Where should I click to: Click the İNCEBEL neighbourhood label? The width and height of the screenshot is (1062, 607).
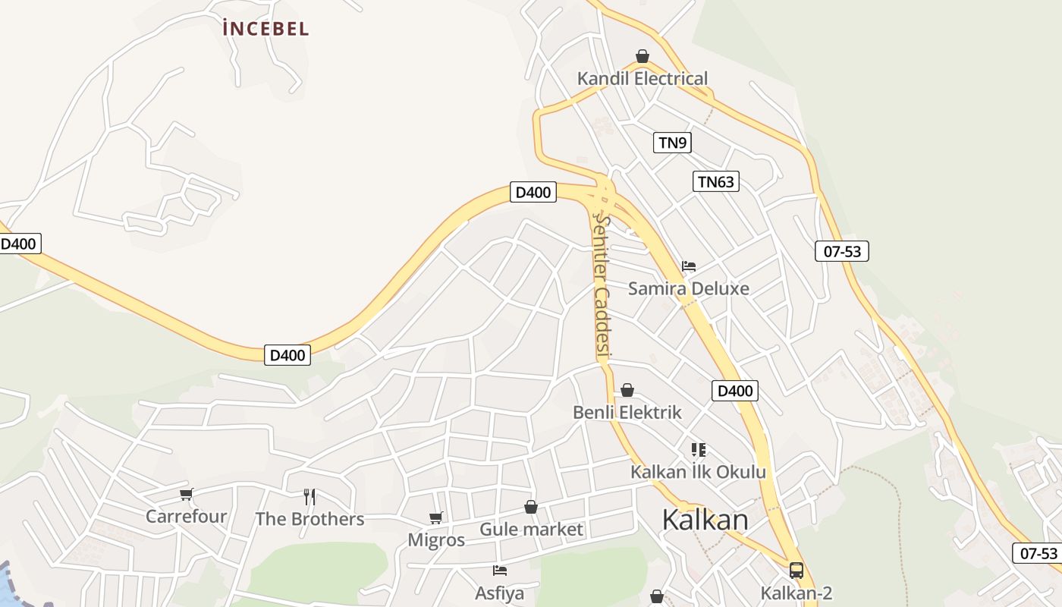265,29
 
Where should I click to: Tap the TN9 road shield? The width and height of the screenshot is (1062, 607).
672,142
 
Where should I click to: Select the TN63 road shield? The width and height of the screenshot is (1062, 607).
715,181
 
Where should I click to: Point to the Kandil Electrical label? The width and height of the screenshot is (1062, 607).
642,78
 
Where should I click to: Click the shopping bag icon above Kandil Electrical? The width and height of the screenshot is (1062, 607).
643,56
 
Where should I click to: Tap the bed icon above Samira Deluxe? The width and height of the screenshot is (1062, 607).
689,266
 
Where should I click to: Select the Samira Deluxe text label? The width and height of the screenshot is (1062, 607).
688,288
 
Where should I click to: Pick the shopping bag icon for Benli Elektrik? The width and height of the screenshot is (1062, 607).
627,390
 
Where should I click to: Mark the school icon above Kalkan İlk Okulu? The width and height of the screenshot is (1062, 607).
699,450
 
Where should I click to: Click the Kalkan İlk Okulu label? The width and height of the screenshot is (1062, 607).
698,472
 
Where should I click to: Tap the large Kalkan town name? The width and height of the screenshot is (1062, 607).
705,520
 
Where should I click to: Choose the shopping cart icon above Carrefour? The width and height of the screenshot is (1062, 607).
187,495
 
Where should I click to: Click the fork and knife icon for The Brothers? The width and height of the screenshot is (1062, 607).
309,497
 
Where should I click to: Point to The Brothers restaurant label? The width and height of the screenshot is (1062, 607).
309,519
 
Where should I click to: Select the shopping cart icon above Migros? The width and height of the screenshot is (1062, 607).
436,518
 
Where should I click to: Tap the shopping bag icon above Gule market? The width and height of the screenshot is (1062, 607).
531,507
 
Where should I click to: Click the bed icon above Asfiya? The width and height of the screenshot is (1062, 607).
500,571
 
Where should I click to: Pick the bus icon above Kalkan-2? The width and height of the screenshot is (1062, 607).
796,571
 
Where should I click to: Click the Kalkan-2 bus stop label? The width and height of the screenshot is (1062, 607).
796,593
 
